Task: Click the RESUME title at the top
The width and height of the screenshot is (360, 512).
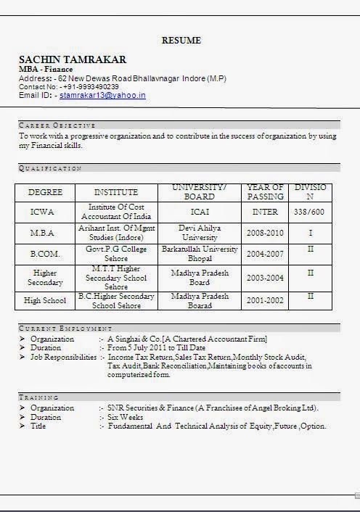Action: tap(181, 41)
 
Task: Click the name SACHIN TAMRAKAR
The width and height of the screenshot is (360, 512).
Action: tap(72, 59)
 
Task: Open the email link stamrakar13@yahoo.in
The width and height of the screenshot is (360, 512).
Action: tap(102, 95)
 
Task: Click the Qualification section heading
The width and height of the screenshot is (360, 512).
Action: tap(50, 168)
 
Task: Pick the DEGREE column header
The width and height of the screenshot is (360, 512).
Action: tap(45, 192)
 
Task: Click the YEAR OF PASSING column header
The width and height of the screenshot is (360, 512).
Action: tap(265, 192)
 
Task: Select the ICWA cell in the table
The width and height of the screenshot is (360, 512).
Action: tap(42, 212)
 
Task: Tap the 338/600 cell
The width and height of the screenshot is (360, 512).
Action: tap(310, 212)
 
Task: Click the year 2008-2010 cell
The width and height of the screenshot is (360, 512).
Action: tap(265, 233)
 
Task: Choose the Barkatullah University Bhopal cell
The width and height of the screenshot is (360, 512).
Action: tap(200, 254)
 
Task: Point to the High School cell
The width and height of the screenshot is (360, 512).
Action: tap(44, 300)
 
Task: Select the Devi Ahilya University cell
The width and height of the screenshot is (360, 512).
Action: tap(200, 233)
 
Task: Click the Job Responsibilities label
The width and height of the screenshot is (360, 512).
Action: tap(63, 358)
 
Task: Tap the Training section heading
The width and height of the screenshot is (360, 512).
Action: tap(39, 397)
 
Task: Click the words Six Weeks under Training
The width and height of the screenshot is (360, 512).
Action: tap(126, 417)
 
